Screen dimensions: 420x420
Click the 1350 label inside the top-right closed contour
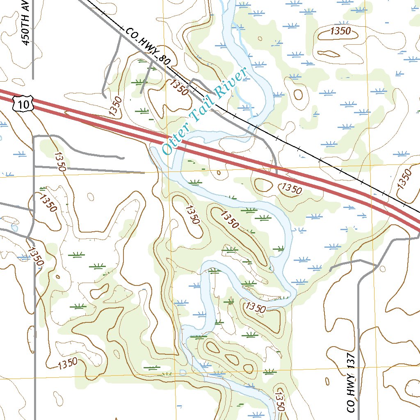tap(340, 31)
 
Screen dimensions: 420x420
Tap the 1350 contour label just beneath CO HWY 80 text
tap(179, 87)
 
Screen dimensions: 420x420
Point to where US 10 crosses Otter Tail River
tap(172, 142)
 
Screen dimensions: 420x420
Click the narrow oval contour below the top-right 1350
tap(329, 54)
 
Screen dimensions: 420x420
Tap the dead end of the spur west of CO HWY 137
tap(331, 269)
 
